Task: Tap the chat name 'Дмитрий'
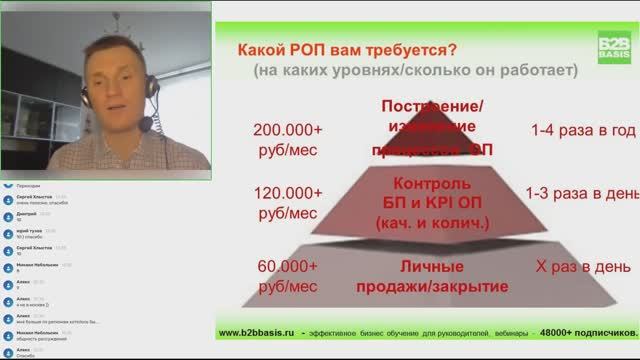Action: click(x=27, y=214)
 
